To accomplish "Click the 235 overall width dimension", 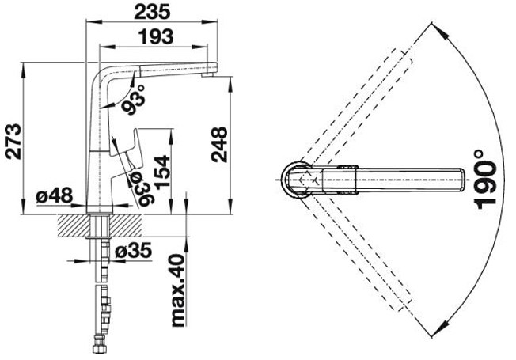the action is [x=153, y=12].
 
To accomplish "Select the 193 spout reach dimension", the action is [x=156, y=36].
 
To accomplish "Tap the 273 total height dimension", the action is [x=14, y=142].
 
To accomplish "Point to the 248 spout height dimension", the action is [x=219, y=145].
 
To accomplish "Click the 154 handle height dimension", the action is [x=162, y=172].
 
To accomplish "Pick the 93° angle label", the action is [x=133, y=100].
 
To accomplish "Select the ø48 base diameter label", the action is [x=55, y=195].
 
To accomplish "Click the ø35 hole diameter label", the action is [x=134, y=251].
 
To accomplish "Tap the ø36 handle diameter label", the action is [x=141, y=190].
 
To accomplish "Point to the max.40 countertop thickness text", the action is [x=178, y=290].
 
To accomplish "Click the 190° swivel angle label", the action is [x=485, y=180].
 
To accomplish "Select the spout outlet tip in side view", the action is [x=207, y=75].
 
